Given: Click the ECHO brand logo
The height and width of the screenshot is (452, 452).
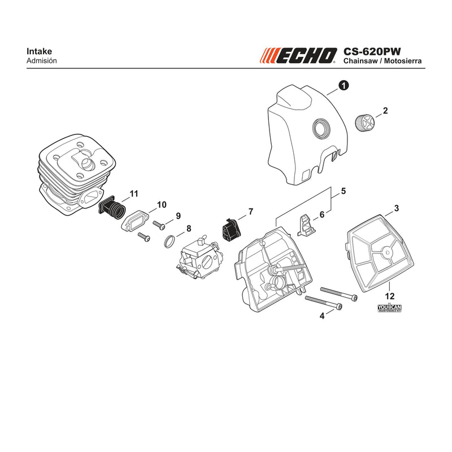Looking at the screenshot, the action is tap(298, 55).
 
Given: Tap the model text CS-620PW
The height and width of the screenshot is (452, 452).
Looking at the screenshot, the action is tap(372, 51).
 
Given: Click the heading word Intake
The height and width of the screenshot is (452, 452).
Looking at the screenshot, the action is tap(39, 51).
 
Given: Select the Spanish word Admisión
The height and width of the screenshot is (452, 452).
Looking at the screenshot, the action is tap(41, 61).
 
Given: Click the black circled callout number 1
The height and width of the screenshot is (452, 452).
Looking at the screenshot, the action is tap(344, 86).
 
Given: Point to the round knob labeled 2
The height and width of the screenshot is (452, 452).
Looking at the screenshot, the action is tap(363, 123).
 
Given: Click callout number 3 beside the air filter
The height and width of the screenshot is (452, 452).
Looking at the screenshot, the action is tap(397, 208).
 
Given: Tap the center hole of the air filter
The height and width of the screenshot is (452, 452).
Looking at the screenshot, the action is tap(388, 253).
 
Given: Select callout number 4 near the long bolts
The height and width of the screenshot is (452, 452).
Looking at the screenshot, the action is tap(322, 316).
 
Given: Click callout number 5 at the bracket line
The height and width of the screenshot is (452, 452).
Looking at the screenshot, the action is tap(344, 191).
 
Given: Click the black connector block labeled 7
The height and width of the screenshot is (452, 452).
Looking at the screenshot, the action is tap(231, 231).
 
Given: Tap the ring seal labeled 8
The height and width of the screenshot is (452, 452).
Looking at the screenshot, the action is tap(169, 241).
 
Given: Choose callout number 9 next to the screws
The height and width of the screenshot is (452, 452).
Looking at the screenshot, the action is tap(178, 216).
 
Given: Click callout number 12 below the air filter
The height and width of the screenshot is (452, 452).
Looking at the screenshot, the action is tap(389, 296).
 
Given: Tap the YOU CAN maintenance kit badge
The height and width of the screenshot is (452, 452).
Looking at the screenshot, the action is tap(389, 308).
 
